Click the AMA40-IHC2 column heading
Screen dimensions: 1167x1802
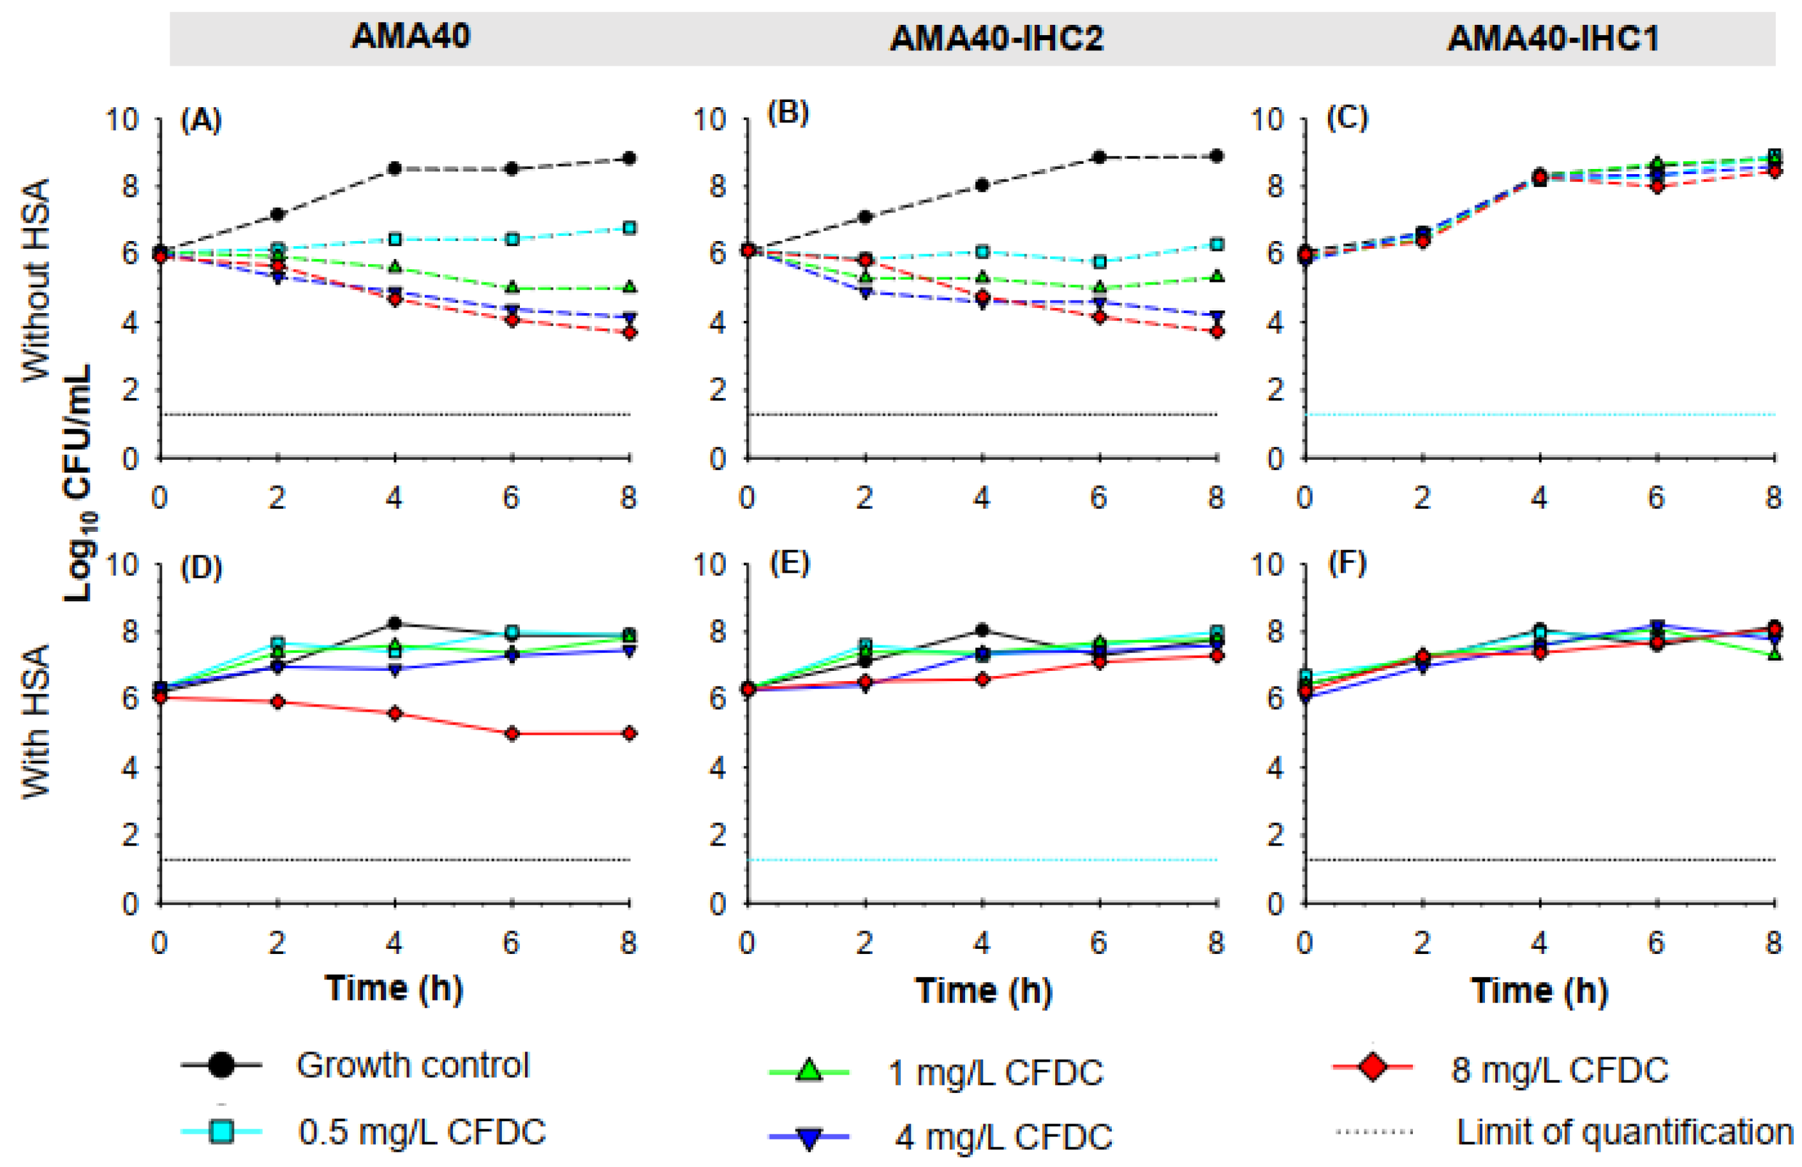click(996, 38)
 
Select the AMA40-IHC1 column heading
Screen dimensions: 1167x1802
click(1552, 38)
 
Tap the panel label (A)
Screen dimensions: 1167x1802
click(201, 121)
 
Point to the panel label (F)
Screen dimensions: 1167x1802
click(1348, 564)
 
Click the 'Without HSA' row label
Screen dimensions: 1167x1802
click(36, 280)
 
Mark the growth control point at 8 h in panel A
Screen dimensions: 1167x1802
click(629, 159)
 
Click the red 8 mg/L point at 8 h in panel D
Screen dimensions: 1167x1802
click(629, 733)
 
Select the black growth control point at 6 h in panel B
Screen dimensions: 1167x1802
click(1099, 158)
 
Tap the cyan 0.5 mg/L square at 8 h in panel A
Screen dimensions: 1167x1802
click(629, 228)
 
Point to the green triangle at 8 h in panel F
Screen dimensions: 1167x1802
click(1774, 654)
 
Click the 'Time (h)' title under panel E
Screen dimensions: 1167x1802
click(984, 990)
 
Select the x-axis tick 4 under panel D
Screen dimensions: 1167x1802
click(394, 943)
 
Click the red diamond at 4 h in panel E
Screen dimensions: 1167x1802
click(982, 680)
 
